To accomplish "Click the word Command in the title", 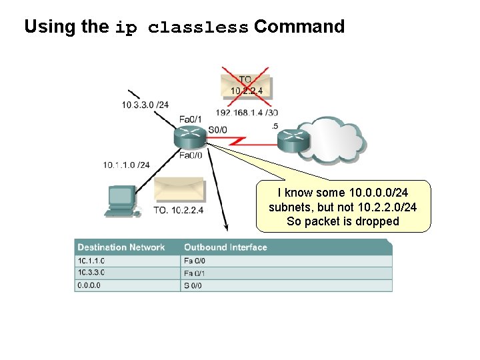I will pos(299,27).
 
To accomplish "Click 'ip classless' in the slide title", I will pos(181,28).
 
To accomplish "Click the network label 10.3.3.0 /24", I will pos(145,104).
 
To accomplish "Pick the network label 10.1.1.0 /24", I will pos(127,165).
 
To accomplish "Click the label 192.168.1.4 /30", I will pos(247,112).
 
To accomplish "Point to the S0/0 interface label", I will pos(217,129).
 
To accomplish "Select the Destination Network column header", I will pos(121,247).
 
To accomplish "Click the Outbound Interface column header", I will pos(225,247).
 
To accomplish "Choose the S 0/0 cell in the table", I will pos(193,285).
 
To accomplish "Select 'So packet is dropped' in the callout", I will pos(343,221).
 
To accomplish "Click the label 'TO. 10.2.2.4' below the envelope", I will pos(178,211).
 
